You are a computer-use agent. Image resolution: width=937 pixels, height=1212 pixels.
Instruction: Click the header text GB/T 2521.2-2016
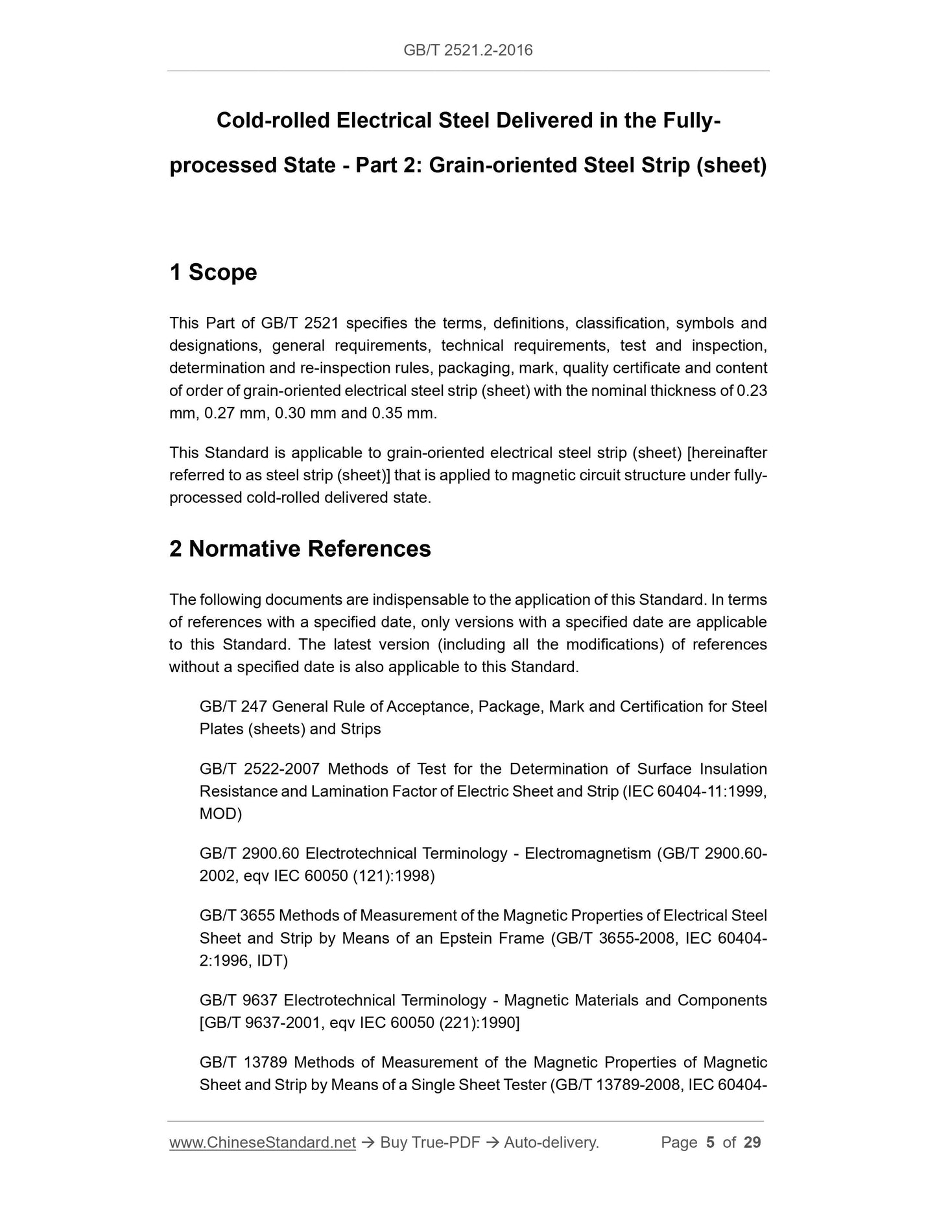click(x=468, y=51)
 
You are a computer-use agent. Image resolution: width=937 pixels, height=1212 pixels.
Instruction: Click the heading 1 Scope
click(x=213, y=272)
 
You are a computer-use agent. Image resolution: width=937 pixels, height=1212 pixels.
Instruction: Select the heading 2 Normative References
click(x=300, y=549)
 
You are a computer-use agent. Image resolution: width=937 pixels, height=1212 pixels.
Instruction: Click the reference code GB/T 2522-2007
click(x=259, y=769)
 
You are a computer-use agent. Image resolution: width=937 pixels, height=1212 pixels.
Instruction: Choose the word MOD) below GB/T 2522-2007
click(x=220, y=814)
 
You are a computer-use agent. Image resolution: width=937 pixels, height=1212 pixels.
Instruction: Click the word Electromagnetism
click(x=587, y=854)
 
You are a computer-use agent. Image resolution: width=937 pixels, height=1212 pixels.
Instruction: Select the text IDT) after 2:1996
click(x=272, y=961)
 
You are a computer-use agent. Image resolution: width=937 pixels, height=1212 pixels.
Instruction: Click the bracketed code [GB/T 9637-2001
click(x=262, y=1023)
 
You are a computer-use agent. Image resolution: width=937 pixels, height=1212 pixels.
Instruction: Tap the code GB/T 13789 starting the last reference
click(x=243, y=1063)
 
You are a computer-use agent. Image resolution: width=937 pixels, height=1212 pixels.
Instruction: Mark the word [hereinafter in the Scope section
click(x=727, y=453)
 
